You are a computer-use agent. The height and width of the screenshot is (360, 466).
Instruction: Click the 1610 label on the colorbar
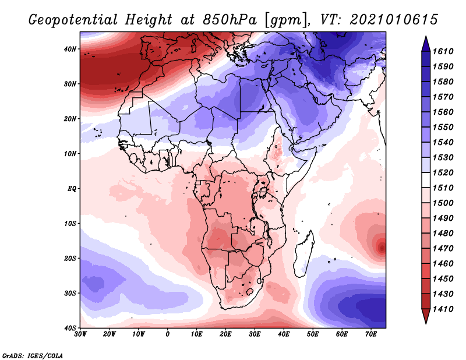pyautogui.click(x=443, y=51)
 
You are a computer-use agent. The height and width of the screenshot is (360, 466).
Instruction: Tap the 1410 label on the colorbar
pyautogui.click(x=443, y=309)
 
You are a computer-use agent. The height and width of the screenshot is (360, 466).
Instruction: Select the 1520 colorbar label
pyautogui.click(x=443, y=172)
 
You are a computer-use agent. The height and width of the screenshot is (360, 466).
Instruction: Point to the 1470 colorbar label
pyautogui.click(x=443, y=249)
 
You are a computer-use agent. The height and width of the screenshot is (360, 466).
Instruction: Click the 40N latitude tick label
pyautogui.click(x=70, y=49)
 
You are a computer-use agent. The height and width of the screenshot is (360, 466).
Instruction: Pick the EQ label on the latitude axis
pyautogui.click(x=72, y=189)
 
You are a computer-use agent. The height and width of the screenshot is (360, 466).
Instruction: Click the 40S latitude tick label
pyautogui.click(x=70, y=328)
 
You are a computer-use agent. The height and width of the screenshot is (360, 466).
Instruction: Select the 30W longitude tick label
pyautogui.click(x=80, y=334)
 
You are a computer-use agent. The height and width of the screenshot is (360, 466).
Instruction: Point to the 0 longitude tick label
pyautogui.click(x=168, y=334)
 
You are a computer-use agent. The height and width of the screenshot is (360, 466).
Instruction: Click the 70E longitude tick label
pyautogui.click(x=370, y=334)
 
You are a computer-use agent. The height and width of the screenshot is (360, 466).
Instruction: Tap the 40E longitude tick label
pyautogui.click(x=284, y=334)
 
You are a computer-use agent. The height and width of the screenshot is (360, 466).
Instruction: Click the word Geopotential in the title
pyautogui.click(x=73, y=20)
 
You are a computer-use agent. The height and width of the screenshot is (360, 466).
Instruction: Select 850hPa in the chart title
pyautogui.click(x=230, y=20)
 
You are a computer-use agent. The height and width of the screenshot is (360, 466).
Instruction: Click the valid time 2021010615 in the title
pyautogui.click(x=394, y=19)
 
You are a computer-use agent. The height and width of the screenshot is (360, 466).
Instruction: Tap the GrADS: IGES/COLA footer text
pyautogui.click(x=33, y=355)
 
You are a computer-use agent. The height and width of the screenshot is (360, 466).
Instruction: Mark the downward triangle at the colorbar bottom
pyautogui.click(x=426, y=316)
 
